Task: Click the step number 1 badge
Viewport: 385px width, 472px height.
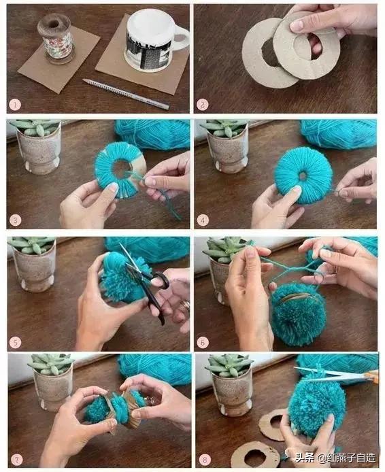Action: [x=15, y=105]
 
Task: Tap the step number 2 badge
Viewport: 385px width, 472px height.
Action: [x=203, y=105]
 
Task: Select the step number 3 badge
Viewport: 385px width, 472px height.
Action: [x=15, y=220]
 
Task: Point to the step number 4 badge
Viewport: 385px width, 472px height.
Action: [x=203, y=220]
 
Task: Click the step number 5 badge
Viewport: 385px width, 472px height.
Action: [x=15, y=342]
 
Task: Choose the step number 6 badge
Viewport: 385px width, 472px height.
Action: [x=203, y=342]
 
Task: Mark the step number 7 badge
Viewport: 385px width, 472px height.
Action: [x=16, y=460]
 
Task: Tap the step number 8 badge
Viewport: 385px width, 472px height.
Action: [x=205, y=460]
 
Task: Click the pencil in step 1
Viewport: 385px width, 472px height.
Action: [x=126, y=93]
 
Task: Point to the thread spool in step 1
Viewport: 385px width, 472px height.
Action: [x=55, y=39]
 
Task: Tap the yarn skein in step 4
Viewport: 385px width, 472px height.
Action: [x=339, y=134]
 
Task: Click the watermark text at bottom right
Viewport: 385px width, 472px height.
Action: [x=335, y=458]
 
